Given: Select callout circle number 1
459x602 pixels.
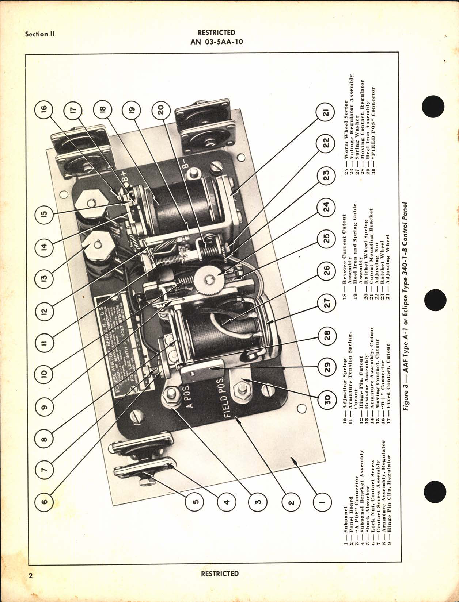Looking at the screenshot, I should pos(322,503).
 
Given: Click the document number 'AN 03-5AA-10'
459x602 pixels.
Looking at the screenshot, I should pos(217,42).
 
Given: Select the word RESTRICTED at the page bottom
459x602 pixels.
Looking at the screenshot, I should pos(220,574).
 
